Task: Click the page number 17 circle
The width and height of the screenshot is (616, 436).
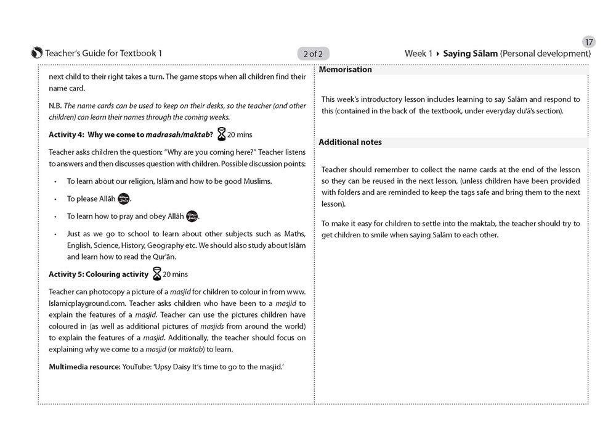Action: point(589,42)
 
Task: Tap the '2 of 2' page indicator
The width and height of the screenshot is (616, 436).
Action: point(313,54)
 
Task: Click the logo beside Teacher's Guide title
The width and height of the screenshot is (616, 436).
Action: point(37,53)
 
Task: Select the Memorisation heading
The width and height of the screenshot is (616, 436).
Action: point(346,70)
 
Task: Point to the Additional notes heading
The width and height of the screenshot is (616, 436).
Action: point(350,142)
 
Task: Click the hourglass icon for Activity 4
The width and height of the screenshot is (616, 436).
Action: point(221,134)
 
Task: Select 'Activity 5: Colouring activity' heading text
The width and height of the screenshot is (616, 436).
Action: point(99,274)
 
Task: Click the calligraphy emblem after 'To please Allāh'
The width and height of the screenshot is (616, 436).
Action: point(124,199)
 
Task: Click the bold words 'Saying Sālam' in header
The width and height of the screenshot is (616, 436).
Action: point(470,54)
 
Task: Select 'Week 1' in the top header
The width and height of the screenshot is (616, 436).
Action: point(418,54)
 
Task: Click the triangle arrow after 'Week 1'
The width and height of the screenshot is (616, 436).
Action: point(437,54)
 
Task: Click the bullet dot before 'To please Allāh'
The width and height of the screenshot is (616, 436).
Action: point(55,199)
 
